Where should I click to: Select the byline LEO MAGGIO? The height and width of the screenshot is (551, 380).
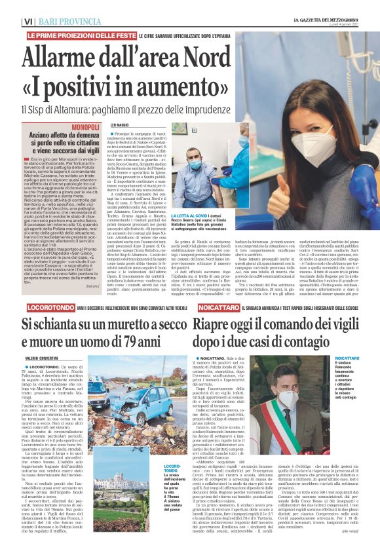tap(119, 124)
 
